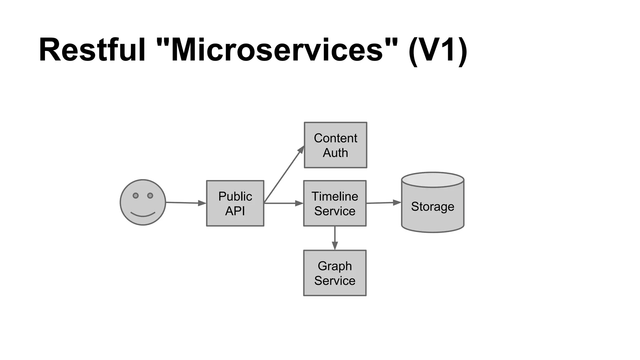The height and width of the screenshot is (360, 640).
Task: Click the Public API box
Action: pyautogui.click(x=235, y=203)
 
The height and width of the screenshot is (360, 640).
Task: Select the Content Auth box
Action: pyautogui.click(x=335, y=145)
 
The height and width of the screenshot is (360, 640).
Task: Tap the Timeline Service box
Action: pyautogui.click(x=335, y=203)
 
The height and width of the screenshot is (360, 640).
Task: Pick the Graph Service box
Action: pyautogui.click(x=335, y=273)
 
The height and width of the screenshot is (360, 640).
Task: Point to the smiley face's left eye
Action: pyautogui.click(x=136, y=196)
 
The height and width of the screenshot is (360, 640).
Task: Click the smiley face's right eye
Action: pyautogui.click(x=150, y=196)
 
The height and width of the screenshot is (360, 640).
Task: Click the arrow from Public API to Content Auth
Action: pyautogui.click(x=284, y=174)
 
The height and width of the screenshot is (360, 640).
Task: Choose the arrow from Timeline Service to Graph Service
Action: pyautogui.click(x=335, y=238)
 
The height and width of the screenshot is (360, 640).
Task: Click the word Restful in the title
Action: pyautogui.click(x=92, y=50)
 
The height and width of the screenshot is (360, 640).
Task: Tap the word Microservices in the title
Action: pyautogui.click(x=277, y=50)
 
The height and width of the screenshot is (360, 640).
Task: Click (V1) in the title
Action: pyautogui.click(x=437, y=50)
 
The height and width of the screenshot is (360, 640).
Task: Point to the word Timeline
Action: pyautogui.click(x=335, y=197)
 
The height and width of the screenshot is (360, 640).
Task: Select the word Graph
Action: pyautogui.click(x=335, y=266)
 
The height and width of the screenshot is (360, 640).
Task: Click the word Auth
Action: pyautogui.click(x=335, y=153)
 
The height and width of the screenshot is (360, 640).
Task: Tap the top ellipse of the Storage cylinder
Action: pyautogui.click(x=432, y=180)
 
